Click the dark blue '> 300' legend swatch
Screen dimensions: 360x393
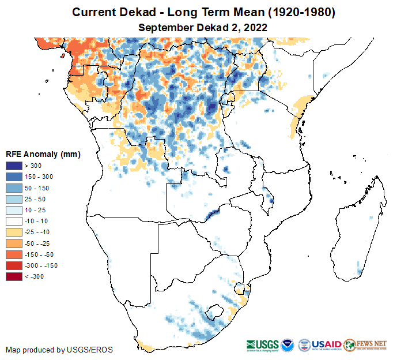14,166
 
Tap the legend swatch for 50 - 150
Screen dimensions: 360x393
14,188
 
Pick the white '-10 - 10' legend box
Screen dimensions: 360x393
14,221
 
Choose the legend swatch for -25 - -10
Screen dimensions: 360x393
14,232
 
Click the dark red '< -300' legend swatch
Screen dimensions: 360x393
14,276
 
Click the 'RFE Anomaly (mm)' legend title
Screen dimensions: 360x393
43,154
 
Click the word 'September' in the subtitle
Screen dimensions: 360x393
164,27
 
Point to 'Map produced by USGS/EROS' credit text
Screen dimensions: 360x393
59,350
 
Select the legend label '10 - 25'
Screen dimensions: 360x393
35,210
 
